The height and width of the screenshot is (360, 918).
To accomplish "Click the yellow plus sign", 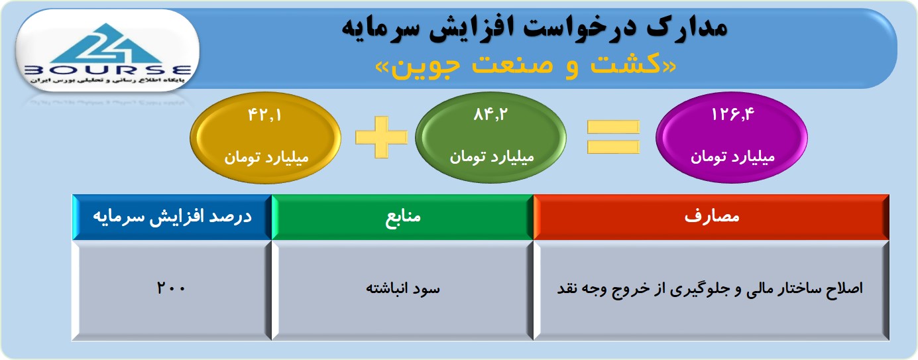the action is [x=382, y=137].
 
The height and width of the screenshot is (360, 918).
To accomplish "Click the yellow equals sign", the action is [x=613, y=137].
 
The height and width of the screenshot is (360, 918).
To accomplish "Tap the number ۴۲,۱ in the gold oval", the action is [x=264, y=115].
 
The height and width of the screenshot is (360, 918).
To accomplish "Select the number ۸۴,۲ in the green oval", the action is [x=490, y=115].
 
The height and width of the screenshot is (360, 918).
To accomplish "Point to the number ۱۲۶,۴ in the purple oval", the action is [x=732, y=114].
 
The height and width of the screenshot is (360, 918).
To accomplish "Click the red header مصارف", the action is [x=711, y=217].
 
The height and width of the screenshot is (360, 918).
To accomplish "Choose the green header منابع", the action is [x=402, y=217].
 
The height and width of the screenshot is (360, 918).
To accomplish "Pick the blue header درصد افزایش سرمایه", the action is [x=172, y=217].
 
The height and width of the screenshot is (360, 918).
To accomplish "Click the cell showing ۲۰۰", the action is [x=172, y=290].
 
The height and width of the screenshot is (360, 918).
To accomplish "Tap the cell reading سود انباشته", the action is [x=402, y=290].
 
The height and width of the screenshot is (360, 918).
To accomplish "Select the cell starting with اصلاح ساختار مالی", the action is [x=711, y=290].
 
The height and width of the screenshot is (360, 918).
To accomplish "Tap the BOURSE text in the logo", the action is [x=107, y=70].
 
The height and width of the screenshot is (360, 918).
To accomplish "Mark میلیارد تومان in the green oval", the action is [x=492, y=157].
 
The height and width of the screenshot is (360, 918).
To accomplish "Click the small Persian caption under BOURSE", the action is [x=107, y=80].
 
